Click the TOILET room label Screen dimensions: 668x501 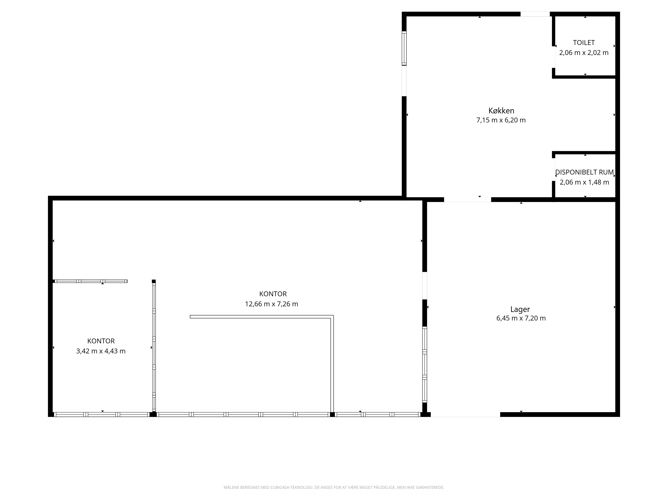584,43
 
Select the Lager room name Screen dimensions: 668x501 520,309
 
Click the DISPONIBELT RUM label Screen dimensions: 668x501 584,172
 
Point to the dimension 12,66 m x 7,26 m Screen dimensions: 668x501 272,304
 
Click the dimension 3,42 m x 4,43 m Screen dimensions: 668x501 101,351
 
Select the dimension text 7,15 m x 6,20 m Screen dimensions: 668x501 501,120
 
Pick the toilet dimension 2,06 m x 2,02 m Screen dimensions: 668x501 584,53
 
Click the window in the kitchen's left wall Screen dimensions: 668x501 404,48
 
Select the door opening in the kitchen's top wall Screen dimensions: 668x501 535,14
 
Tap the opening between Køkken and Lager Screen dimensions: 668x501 467,200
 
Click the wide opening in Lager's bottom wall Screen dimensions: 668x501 465,414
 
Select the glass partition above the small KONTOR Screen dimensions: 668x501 90,281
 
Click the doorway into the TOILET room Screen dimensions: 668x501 554,57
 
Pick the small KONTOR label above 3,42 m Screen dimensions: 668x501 101,341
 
